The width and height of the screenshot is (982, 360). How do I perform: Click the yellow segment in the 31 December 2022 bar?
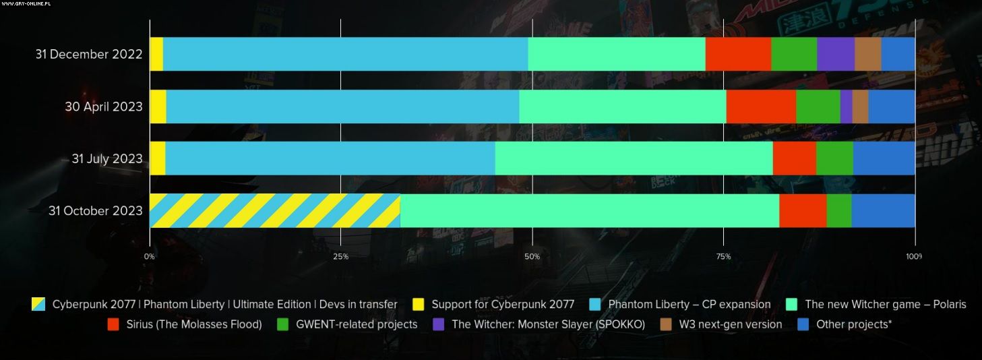(x=156, y=54)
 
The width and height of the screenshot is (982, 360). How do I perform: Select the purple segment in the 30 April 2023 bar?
(x=846, y=107)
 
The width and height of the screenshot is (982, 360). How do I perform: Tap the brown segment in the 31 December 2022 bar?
(x=867, y=54)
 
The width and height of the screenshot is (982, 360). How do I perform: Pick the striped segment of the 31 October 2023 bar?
(x=274, y=210)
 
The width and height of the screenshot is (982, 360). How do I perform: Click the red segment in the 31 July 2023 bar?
(x=794, y=158)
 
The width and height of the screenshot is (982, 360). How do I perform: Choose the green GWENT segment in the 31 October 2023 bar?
(x=838, y=210)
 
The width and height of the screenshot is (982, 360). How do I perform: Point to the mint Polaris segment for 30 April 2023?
(x=622, y=107)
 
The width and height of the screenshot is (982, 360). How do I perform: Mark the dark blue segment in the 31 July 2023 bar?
(x=884, y=158)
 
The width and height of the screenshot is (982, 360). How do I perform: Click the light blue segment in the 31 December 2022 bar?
(x=345, y=54)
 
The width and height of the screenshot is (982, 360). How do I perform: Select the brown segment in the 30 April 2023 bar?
(x=860, y=107)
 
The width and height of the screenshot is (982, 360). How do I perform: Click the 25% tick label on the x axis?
(x=341, y=257)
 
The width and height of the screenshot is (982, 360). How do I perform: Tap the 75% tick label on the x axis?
(x=723, y=257)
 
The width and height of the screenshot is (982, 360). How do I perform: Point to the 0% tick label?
(x=150, y=257)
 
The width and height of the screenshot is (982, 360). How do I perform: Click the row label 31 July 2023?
(x=107, y=159)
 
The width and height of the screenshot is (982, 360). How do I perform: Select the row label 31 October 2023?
(x=96, y=211)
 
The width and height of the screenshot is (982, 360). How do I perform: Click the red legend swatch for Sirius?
(x=114, y=324)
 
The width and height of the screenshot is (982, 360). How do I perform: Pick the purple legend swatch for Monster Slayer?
(x=439, y=324)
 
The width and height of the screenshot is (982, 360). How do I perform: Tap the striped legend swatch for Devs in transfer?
(x=38, y=304)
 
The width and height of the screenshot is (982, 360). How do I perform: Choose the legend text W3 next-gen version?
(x=730, y=324)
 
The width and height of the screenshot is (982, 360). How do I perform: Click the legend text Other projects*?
(x=853, y=324)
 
